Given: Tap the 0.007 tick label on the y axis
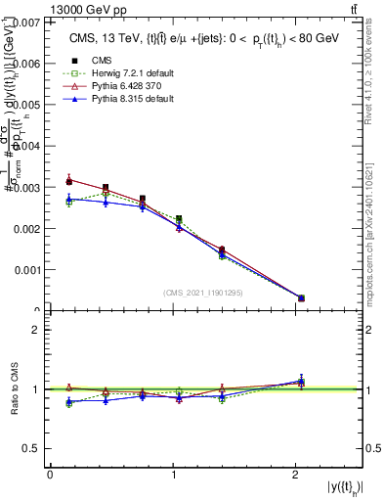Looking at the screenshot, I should coord(25,22).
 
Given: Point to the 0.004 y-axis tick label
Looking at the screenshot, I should coord(25,146).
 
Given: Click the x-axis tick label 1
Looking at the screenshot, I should coord(173,475).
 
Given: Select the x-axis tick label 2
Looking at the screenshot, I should coord(296,475).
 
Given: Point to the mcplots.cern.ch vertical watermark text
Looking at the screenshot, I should coord(374,226).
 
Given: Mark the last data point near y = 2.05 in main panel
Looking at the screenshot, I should coord(301,298).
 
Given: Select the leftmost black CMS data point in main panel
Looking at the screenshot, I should coord(68,181).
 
